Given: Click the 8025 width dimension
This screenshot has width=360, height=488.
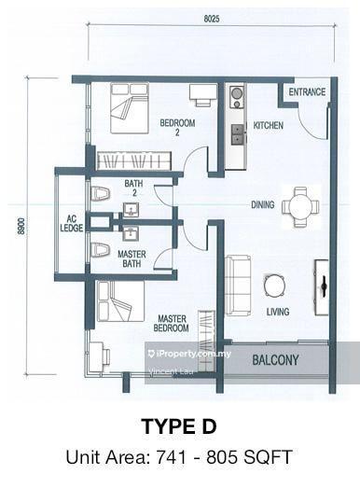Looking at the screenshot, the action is click(212, 19).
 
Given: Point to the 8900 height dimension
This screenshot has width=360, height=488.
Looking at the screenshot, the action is click(21, 226).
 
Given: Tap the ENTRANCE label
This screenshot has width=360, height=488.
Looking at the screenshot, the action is click(307, 91).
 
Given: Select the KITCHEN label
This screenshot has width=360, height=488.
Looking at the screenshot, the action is click(269, 125).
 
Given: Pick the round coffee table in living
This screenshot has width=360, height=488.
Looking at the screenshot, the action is click(275, 286).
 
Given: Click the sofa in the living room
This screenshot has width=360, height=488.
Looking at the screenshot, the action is click(238, 286).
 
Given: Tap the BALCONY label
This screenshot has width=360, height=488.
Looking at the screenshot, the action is click(275, 360).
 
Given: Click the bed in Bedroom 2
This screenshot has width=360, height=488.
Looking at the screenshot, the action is click(130, 108).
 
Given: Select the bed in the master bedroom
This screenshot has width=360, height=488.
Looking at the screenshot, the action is click(120, 301).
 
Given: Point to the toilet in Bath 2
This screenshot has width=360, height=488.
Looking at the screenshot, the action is click(100, 194).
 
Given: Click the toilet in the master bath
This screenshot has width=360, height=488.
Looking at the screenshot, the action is click(100, 250).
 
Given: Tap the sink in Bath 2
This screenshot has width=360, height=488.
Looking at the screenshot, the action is click(131, 209).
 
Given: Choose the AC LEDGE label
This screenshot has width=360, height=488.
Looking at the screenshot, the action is click(72, 223).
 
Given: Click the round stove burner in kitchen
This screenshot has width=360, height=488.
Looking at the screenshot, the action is click(236, 93).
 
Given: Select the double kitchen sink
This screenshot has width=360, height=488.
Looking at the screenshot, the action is click(238, 134).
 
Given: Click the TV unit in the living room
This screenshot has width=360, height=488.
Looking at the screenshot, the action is click(322, 287).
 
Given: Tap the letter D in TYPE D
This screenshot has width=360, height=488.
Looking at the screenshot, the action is click(206, 426).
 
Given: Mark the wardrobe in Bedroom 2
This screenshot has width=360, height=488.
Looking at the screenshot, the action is click(134, 160).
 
